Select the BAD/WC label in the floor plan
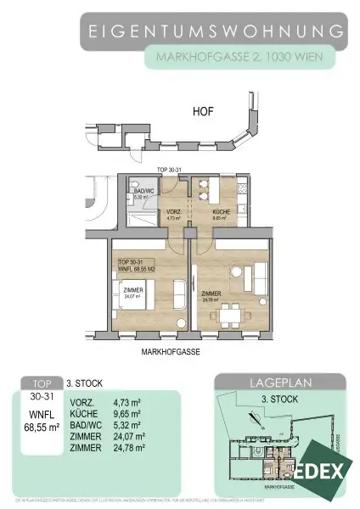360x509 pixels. point(141,192)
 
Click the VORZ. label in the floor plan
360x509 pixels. point(174,211)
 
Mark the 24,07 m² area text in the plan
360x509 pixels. point(132,297)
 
